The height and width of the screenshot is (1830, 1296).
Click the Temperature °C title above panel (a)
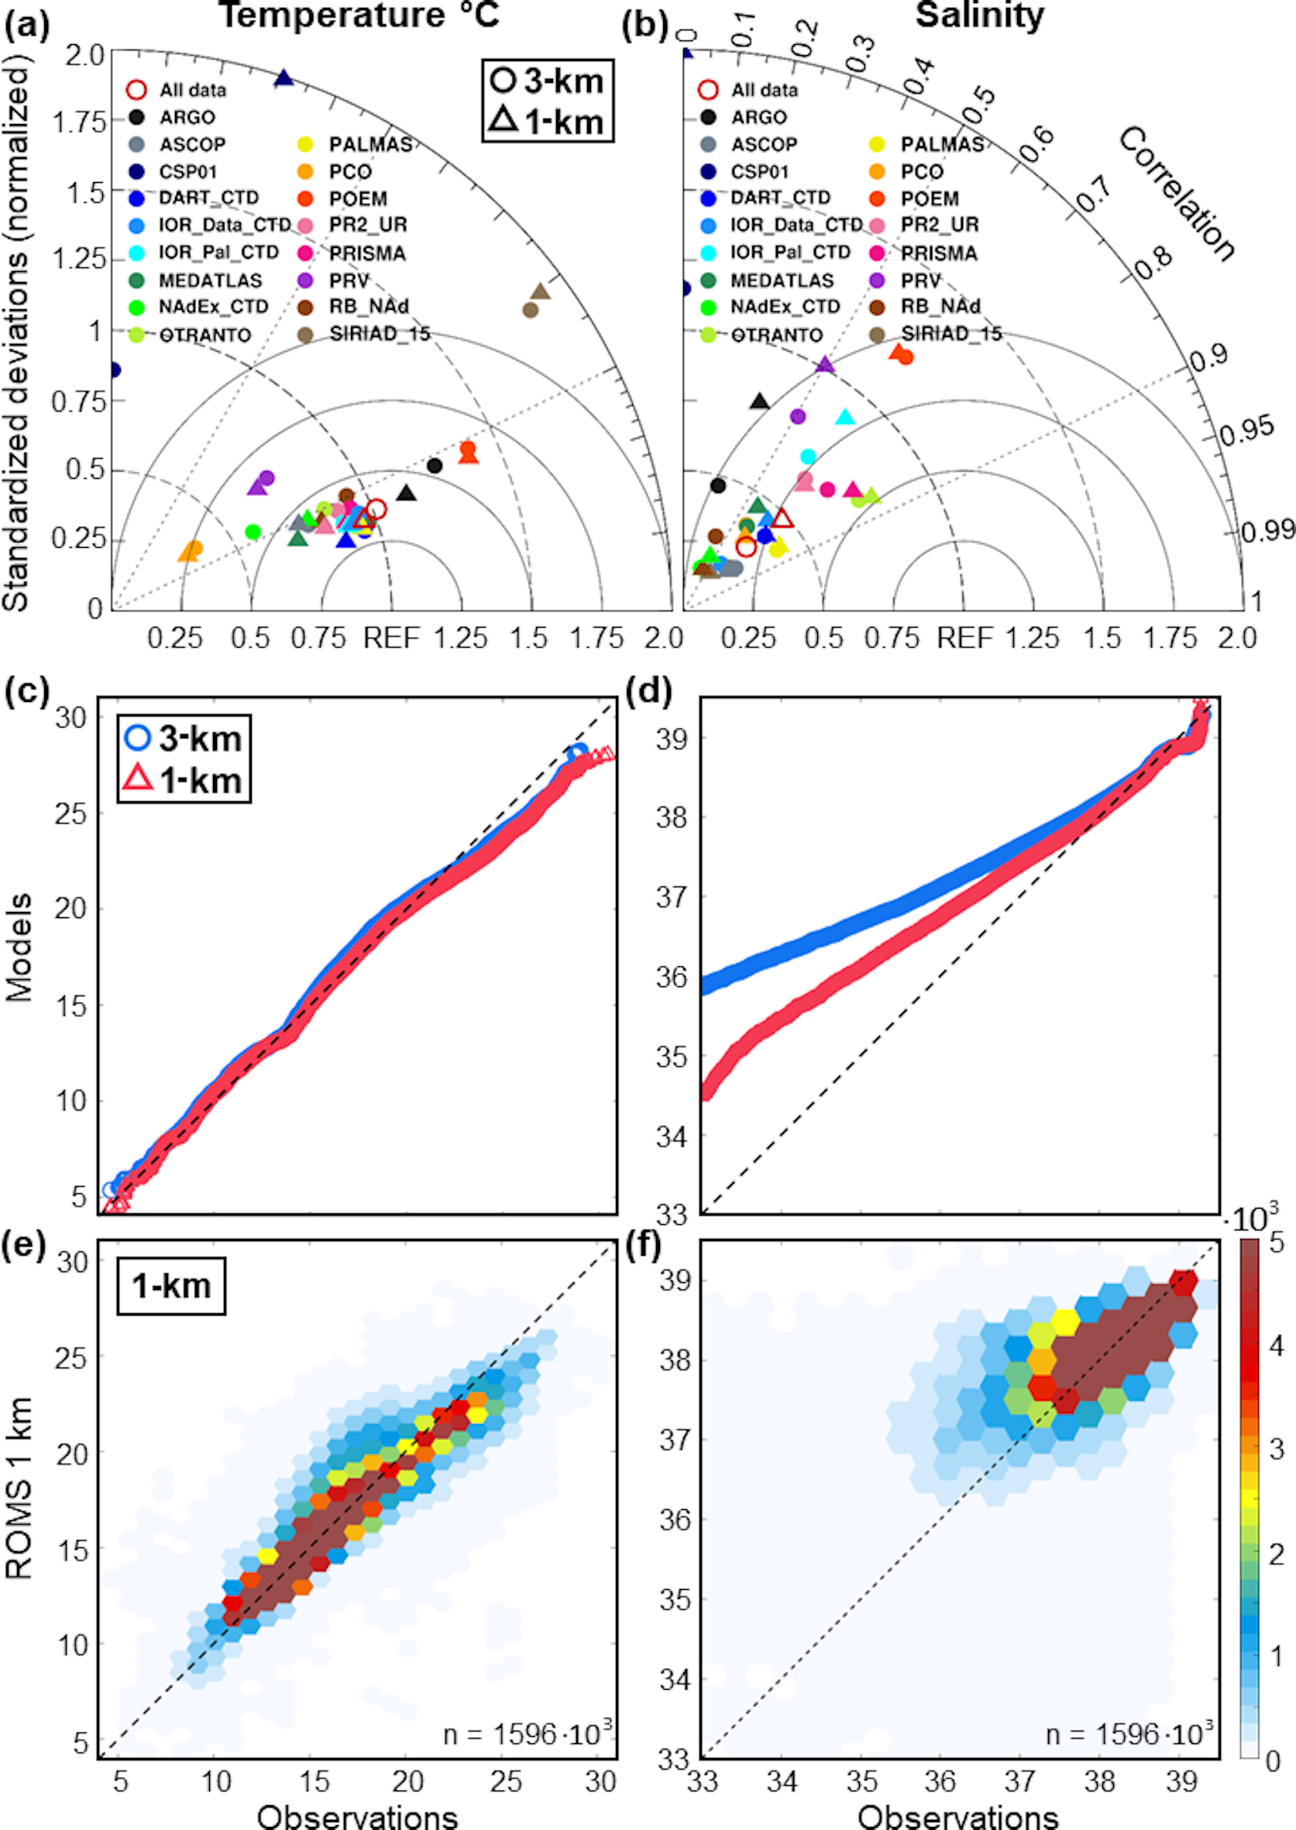pos(359,16)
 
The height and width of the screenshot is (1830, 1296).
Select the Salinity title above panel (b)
pos(979,16)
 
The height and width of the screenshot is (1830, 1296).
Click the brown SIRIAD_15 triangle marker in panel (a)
pos(540,292)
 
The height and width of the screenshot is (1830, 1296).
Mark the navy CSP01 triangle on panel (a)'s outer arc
pos(284,78)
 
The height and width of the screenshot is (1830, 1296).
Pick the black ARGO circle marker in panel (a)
pos(434,466)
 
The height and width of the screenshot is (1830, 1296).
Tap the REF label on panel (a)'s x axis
pos(391,638)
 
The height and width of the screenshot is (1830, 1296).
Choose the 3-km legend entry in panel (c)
pos(184,738)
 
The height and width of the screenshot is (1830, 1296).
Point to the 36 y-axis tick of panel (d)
pos(671,977)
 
